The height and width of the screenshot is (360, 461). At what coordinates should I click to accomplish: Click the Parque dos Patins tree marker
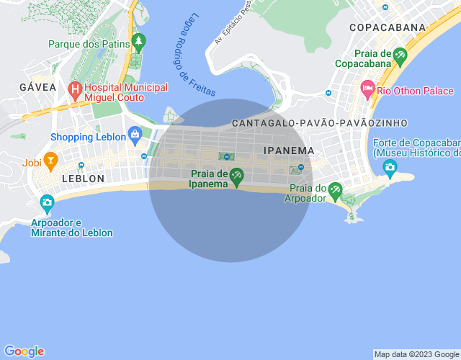pyautogui.click(x=138, y=40)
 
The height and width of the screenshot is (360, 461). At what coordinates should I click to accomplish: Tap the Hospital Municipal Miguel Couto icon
pyautogui.click(x=74, y=91)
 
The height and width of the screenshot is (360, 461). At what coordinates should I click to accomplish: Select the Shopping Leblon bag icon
pyautogui.click(x=135, y=133)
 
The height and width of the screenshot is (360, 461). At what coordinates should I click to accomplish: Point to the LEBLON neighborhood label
pyautogui.click(x=83, y=179)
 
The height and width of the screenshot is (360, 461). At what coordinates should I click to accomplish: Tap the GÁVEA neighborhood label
pyautogui.click(x=38, y=87)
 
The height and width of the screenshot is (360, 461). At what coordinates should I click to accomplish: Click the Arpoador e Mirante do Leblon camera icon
pyautogui.click(x=47, y=202)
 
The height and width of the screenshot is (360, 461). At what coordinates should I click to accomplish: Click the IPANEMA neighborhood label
pyautogui.click(x=289, y=150)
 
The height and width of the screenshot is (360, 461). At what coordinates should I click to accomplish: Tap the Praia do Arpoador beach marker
pyautogui.click(x=334, y=190)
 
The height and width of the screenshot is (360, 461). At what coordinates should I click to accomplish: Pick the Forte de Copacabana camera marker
pyautogui.click(x=390, y=168)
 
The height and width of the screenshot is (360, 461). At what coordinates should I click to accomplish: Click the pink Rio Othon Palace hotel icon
pyautogui.click(x=367, y=90)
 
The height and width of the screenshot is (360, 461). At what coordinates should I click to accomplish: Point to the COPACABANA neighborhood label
pyautogui.click(x=387, y=27)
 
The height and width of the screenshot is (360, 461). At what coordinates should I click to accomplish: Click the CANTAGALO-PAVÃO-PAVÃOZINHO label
pyautogui.click(x=320, y=123)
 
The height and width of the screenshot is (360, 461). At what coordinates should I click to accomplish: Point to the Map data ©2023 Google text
pyautogui.click(x=416, y=354)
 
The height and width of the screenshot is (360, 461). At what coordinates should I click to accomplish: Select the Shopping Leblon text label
pyautogui.click(x=82, y=137)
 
